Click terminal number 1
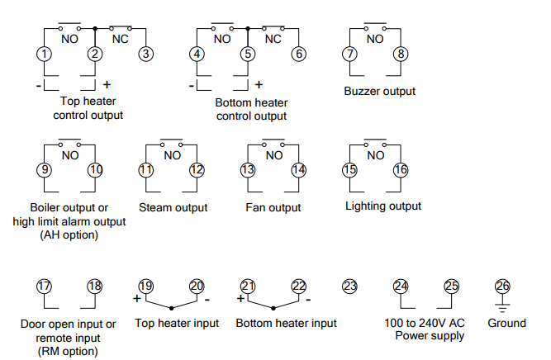44,54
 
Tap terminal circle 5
247,54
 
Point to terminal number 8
401,54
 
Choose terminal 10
95,170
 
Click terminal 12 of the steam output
197,170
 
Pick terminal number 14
298,170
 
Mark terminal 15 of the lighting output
350,170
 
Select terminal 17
44,286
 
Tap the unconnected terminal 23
349,286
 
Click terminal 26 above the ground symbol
502,286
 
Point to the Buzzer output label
379,91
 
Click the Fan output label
273,207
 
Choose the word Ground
506,324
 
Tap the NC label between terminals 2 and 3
121,38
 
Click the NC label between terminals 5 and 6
273,38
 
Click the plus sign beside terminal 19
136,298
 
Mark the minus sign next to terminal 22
307,298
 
